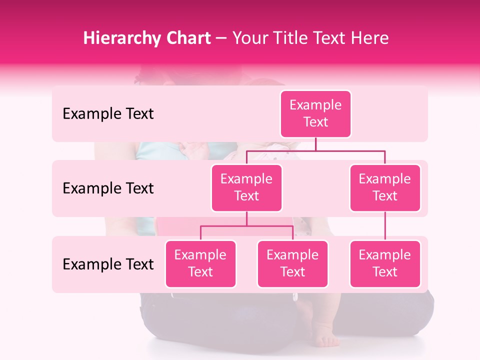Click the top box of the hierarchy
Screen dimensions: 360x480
pyautogui.click(x=315, y=113)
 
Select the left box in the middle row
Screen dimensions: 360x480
pyautogui.click(x=246, y=187)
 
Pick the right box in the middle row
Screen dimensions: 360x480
pyautogui.click(x=385, y=187)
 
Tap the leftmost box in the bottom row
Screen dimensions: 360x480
pyautogui.click(x=200, y=263)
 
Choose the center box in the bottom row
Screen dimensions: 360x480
pyautogui.click(x=292, y=263)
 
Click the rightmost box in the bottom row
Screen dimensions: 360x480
pyautogui.click(x=385, y=263)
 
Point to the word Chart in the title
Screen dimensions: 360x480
pyautogui.click(x=186, y=38)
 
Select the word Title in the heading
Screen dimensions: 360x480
pyautogui.click(x=292, y=38)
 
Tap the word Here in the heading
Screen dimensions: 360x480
pyautogui.click(x=370, y=38)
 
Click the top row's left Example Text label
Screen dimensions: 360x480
pyautogui.click(x=108, y=114)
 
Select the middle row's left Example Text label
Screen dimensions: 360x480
pyautogui.click(x=108, y=188)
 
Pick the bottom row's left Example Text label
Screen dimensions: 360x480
pyautogui.click(x=108, y=264)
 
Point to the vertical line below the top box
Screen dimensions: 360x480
pyautogui.click(x=315, y=144)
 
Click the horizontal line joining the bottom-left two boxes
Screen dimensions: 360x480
pyautogui.click(x=246, y=226)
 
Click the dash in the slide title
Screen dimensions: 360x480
pyautogui.click(x=221, y=38)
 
